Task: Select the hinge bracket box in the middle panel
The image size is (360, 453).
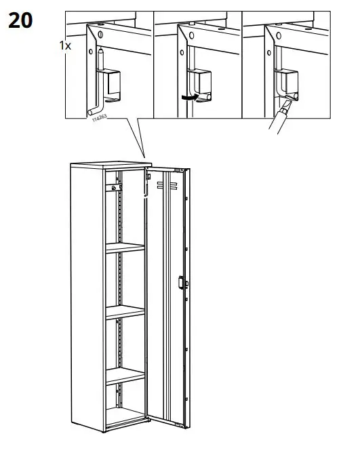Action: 200,83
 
